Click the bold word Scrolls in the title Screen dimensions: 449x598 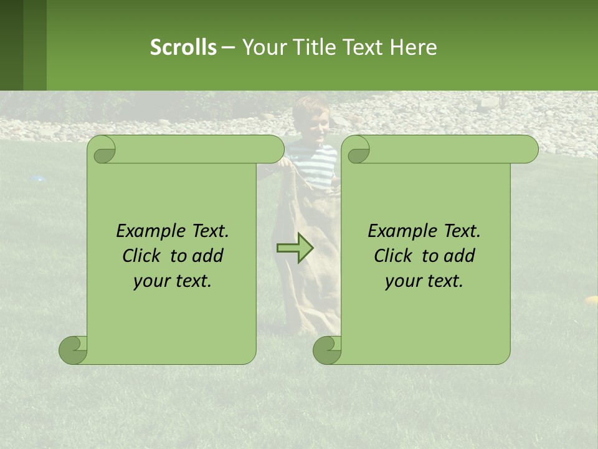[183, 47]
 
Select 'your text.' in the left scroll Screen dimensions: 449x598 [173, 281]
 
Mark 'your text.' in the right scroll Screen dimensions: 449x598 [424, 281]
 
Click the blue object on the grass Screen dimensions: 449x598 [38, 178]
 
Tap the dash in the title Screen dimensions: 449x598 [228, 47]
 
